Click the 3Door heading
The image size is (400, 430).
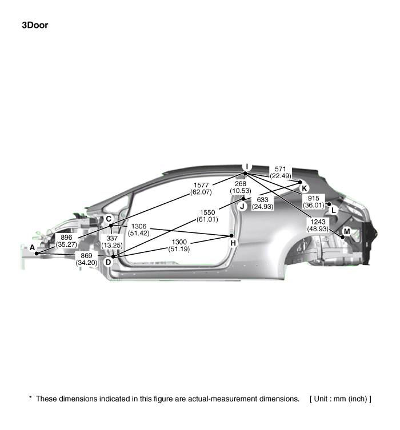pyautogui.click(x=35, y=25)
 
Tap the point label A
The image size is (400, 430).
pyautogui.click(x=33, y=248)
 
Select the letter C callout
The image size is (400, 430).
pyautogui.click(x=109, y=219)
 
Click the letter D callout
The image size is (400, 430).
pyautogui.click(x=109, y=263)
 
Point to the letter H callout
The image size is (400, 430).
pyautogui.click(x=233, y=243)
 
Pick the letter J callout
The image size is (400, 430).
pyautogui.click(x=242, y=207)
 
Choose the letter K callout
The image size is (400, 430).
pyautogui.click(x=304, y=188)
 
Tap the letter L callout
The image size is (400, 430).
pyautogui.click(x=334, y=210)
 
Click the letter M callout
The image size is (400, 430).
pyautogui.click(x=347, y=232)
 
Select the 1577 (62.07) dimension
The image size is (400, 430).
pyautogui.click(x=201, y=188)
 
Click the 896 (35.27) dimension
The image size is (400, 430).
pyautogui.click(x=66, y=241)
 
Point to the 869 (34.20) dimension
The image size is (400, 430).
pyautogui.click(x=86, y=259)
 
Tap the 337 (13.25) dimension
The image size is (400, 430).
pyautogui.click(x=112, y=242)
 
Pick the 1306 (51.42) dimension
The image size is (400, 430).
pyautogui.click(x=138, y=230)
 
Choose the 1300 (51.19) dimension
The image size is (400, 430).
pyautogui.click(x=179, y=246)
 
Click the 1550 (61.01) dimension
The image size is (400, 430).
pyautogui.click(x=207, y=216)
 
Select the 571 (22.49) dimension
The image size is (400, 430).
pyautogui.click(x=281, y=172)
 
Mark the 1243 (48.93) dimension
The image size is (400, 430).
pyautogui.click(x=318, y=225)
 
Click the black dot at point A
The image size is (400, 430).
pyautogui.click(x=37, y=254)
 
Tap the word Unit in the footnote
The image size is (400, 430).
pyautogui.click(x=321, y=399)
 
